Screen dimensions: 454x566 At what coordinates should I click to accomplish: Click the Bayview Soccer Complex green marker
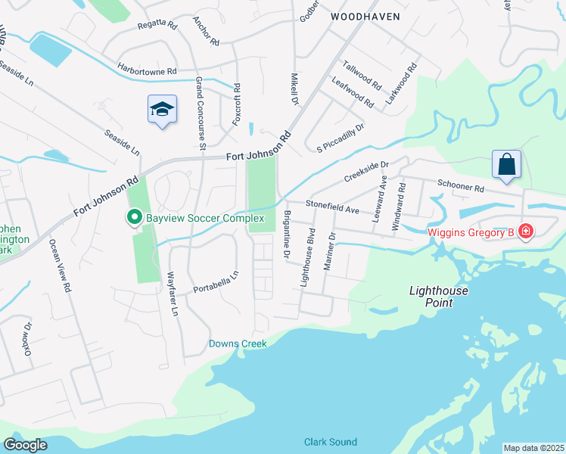click(x=135, y=218)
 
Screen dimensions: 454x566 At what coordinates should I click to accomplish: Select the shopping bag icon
click(x=506, y=165)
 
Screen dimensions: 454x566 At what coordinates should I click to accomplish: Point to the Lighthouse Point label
click(x=439, y=297)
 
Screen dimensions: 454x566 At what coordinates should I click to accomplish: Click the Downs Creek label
click(x=238, y=344)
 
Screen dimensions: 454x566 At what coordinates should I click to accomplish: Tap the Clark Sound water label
click(x=330, y=442)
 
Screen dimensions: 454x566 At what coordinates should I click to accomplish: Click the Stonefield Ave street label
click(x=331, y=204)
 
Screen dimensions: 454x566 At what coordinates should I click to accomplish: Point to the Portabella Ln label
click(x=216, y=281)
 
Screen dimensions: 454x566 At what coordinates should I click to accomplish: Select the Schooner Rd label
click(x=461, y=186)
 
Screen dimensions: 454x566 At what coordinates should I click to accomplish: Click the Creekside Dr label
click(x=365, y=170)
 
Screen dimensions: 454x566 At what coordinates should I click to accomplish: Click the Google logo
click(x=26, y=445)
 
